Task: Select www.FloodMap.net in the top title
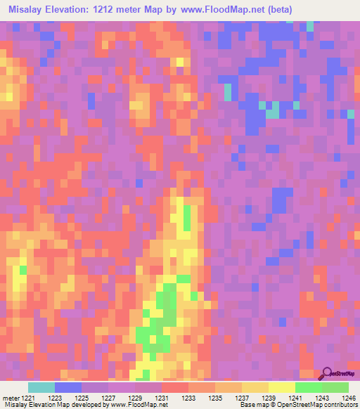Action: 215,10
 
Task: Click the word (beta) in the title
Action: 276,10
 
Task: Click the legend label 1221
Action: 28,398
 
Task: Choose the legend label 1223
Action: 55,398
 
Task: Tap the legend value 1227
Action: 108,398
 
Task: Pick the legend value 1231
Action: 162,398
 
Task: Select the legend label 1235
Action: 215,398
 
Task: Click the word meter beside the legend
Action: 11,398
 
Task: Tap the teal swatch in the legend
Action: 41,387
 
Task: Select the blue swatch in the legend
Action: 68,387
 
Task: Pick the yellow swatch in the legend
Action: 281,387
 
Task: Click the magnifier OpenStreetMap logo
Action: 327,372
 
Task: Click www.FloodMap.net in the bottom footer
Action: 134,405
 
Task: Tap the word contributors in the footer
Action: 341,405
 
